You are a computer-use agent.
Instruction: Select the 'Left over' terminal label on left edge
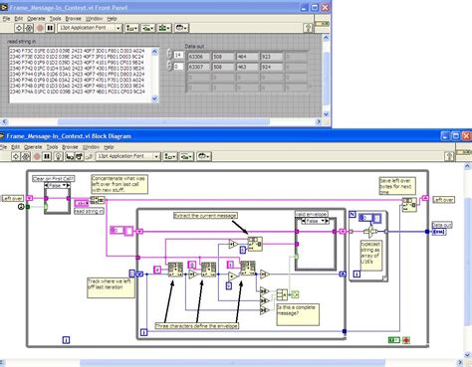click(13, 199)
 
